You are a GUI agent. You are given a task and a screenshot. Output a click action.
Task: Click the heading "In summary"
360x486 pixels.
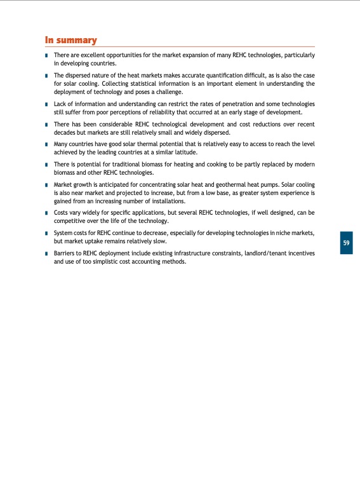click(70, 41)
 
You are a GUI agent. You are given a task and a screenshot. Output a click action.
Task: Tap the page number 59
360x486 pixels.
click(346, 243)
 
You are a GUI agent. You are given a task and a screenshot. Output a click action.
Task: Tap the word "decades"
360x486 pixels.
click(66, 132)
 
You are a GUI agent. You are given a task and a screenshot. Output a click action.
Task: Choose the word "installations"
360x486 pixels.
click(165, 201)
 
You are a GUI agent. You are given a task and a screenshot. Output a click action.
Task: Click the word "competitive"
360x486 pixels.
click(70, 221)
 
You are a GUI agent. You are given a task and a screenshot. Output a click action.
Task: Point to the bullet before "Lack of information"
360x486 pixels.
click(47, 104)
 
